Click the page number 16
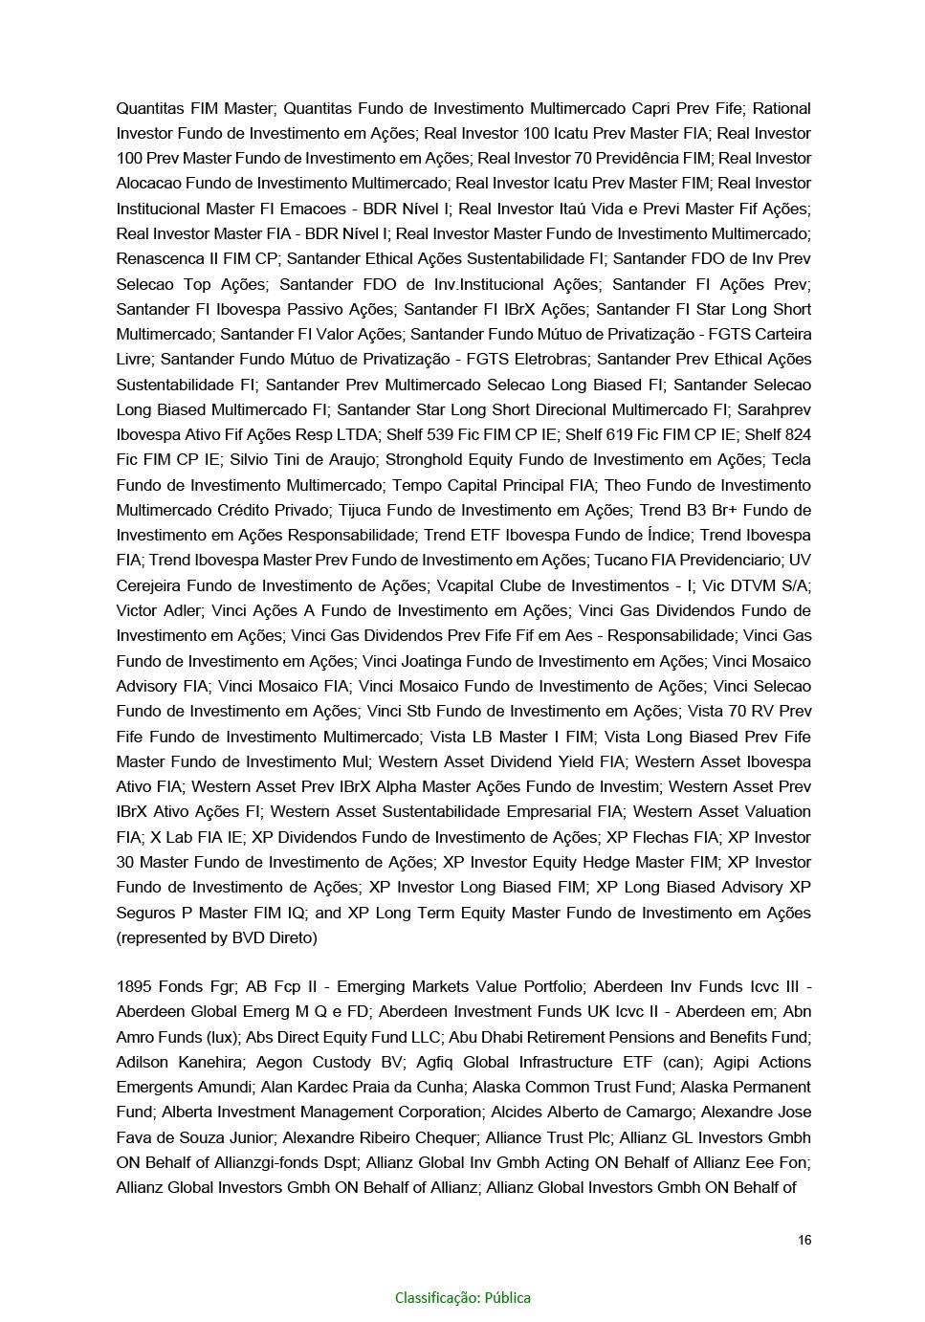coord(804,1240)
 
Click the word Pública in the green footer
coord(507,1297)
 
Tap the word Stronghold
coord(426,459)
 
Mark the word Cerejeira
coord(148,585)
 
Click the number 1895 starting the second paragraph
coord(134,986)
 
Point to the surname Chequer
coord(445,1137)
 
